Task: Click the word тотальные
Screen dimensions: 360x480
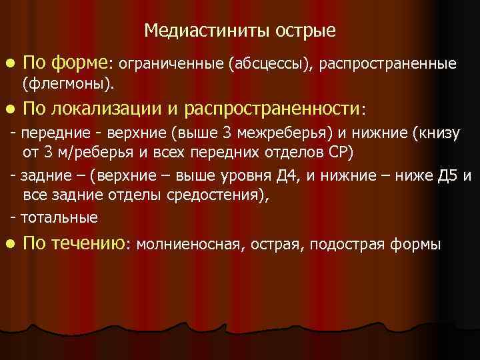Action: click(59, 217)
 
